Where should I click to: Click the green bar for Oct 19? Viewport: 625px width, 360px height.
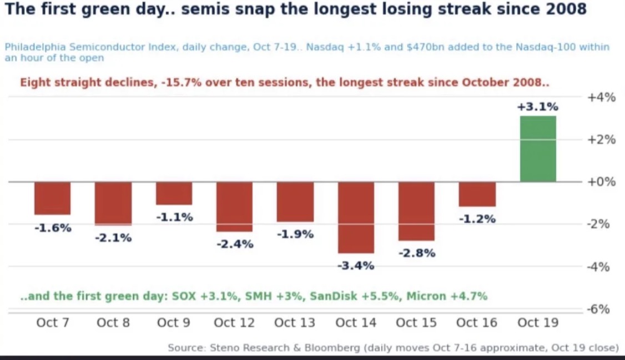coord(538,149)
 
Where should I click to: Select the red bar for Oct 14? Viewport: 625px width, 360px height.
coord(356,217)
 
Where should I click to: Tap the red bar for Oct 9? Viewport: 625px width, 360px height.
coord(174,194)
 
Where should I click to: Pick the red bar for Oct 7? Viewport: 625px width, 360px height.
coord(53,199)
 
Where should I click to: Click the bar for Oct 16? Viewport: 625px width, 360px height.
coord(477,194)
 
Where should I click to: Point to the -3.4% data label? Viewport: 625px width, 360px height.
coord(356,265)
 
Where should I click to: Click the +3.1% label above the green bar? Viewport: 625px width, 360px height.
coord(538,107)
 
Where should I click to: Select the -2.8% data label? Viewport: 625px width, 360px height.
coord(417,253)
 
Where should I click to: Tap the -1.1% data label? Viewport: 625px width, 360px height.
coord(174,217)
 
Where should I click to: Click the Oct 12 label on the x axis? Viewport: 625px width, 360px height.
coord(234,322)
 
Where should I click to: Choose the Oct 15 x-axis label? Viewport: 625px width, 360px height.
coord(416,322)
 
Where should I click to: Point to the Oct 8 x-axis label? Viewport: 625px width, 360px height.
coord(113,322)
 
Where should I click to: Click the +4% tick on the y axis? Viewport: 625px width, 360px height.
coord(601,97)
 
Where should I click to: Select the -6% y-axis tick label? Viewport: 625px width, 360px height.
coord(598,309)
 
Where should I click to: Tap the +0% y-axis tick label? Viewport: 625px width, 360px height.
coord(601,181)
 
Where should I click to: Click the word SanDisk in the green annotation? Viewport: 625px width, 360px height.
coord(333,296)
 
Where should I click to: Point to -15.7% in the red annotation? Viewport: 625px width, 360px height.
coord(182,83)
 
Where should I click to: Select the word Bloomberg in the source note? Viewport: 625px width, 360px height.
coord(332,348)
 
